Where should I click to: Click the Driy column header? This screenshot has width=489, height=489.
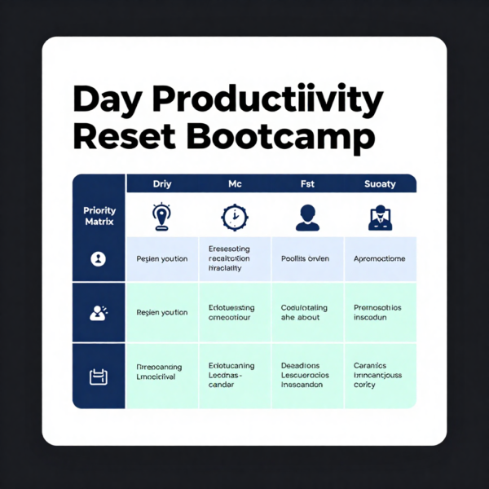tap(162, 184)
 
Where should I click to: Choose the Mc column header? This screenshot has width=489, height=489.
tap(235, 184)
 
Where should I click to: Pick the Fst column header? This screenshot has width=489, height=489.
tap(307, 184)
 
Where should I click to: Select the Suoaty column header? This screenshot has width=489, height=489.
tap(380, 184)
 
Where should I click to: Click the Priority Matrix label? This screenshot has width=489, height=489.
tap(99, 215)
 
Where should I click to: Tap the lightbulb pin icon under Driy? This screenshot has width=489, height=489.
tap(162, 216)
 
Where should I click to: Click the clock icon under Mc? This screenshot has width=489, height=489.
tap(235, 217)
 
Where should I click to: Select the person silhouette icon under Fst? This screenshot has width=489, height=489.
tap(307, 217)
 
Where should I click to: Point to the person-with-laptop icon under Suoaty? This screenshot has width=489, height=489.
tap(380, 217)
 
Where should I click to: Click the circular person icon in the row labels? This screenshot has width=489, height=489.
tap(99, 259)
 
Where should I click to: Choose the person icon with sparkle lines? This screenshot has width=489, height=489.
tap(99, 312)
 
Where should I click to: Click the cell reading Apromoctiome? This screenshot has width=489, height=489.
tap(380, 259)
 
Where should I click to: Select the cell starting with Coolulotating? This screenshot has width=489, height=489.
tap(307, 313)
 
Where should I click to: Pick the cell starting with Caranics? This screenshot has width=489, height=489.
tap(380, 376)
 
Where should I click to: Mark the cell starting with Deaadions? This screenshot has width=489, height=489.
tap(307, 376)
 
